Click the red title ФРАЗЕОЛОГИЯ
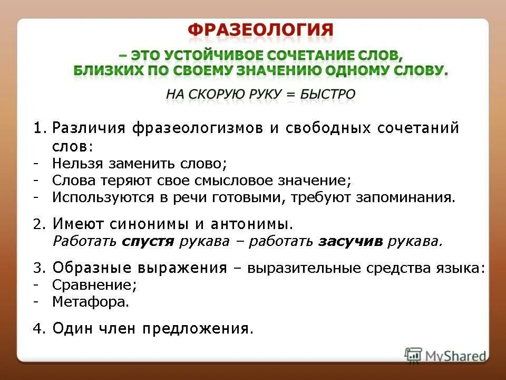260,30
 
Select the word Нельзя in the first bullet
76,163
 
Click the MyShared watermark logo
446,355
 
